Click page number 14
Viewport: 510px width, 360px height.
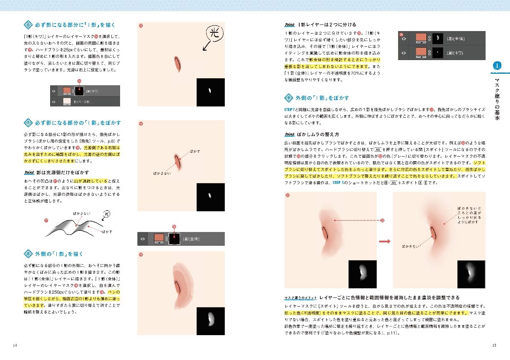(15, 345)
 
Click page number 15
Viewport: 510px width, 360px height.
(494, 345)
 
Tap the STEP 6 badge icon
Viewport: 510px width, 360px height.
(28, 25)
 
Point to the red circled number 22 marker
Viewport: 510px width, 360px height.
(382, 220)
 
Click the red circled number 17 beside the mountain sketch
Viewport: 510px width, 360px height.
(46, 220)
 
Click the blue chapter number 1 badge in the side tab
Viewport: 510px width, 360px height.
(497, 65)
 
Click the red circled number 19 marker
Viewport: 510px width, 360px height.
(141, 254)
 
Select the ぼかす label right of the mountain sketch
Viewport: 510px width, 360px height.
(107, 231)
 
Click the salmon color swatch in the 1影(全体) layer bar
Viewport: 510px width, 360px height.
(159, 238)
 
